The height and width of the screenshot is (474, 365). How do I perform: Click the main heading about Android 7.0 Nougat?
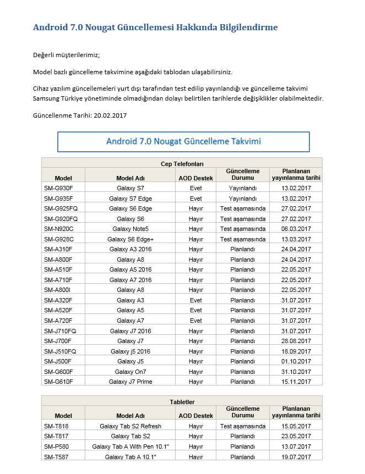click(155, 27)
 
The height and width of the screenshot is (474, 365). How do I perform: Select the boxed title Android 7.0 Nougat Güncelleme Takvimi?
click(183, 141)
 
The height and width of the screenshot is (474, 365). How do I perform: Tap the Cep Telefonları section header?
click(182, 163)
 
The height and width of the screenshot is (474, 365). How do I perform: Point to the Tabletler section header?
click(182, 402)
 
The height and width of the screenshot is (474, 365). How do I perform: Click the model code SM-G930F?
click(58, 188)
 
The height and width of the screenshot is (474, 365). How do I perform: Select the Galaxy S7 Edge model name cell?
click(130, 199)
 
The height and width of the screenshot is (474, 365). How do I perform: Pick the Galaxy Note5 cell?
click(130, 229)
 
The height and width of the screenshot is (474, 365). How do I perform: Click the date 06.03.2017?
click(296, 229)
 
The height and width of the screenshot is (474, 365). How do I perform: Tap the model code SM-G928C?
click(58, 239)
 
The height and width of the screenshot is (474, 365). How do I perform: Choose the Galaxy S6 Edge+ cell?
click(130, 239)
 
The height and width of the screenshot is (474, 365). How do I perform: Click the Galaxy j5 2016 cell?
click(130, 351)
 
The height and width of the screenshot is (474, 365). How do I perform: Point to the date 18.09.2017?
click(296, 351)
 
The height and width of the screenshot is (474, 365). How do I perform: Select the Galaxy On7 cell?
click(130, 372)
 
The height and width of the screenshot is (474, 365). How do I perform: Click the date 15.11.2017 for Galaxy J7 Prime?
click(296, 382)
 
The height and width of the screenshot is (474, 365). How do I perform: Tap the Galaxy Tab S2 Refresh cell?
click(130, 426)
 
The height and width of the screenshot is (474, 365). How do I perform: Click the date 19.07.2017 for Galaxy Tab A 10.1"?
click(296, 456)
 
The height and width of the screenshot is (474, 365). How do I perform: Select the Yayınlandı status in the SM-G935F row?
click(243, 199)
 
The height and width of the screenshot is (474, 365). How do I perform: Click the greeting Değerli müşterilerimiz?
click(67, 55)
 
